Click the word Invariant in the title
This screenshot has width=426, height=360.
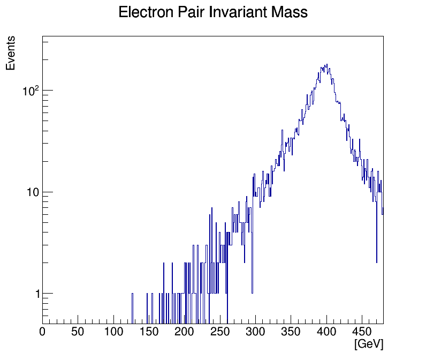coord(235,12)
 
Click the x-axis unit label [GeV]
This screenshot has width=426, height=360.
coord(369,344)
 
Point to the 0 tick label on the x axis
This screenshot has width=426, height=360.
coord(43,332)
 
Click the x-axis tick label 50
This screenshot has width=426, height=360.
coord(78,332)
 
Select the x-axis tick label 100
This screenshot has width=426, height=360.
coord(113,332)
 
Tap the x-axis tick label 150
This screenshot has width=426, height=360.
coord(149,332)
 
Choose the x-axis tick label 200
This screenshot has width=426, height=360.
coord(185,332)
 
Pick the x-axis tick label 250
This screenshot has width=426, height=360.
coord(220,332)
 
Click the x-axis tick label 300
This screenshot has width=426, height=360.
coord(255,332)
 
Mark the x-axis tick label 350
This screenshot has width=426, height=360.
coord(291,332)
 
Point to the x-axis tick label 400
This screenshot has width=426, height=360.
coord(326,332)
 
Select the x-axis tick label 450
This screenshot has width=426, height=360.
coord(362,332)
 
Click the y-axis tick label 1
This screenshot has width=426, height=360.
coord(37,294)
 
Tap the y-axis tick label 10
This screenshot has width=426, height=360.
coord(33,192)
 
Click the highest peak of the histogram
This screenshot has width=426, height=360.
coord(326,65)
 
